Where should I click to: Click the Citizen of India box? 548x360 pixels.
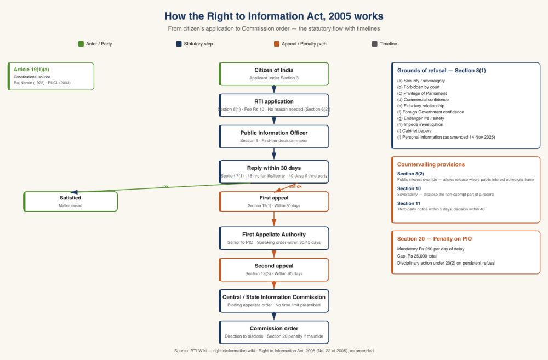coord(274,74)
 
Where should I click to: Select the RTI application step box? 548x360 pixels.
coord(274,105)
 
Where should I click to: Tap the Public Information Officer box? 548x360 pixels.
coord(274,136)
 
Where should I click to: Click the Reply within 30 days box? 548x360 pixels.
coord(274,172)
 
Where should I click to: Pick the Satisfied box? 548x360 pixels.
coord(71,201)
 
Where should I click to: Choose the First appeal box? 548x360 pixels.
coord(274,201)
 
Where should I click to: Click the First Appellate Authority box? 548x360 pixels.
coord(274,238)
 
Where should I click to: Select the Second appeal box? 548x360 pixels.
coord(274,270)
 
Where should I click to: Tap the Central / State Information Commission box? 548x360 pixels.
coord(274,301)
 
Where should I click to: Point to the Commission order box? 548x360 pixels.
coord(274,332)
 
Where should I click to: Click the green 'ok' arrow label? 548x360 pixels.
coord(166,186)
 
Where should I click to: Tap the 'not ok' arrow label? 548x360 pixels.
coord(295,186)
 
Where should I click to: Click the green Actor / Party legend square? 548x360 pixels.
coord(81,44)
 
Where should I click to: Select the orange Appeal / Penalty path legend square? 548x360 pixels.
coord(277,44)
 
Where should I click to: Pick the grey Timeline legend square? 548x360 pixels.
coord(374,44)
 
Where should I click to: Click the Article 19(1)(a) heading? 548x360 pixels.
coord(31,70)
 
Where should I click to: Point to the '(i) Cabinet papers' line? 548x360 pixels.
coord(414,130)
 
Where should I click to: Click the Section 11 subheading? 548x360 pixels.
coord(409,203)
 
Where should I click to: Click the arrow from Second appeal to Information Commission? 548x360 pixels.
coord(274,285)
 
